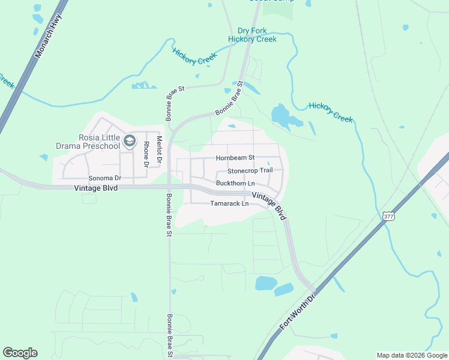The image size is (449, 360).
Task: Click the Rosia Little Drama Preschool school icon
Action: (x=129, y=141)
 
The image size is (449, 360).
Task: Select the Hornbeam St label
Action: (x=235, y=158)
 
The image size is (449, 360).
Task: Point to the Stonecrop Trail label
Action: (x=250, y=170)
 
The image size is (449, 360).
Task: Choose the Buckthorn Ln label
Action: (x=235, y=182)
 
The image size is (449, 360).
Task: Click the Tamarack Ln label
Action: (x=229, y=203)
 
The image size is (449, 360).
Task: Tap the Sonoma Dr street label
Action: (x=105, y=178)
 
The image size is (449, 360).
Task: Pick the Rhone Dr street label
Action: (x=146, y=154)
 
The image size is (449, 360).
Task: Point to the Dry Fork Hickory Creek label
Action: (x=252, y=35)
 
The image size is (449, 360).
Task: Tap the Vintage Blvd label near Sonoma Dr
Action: (x=95, y=188)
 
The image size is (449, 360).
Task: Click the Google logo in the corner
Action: (x=20, y=353)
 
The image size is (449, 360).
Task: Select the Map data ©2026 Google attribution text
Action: (x=411, y=355)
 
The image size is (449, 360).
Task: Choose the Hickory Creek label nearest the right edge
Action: (x=331, y=113)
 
